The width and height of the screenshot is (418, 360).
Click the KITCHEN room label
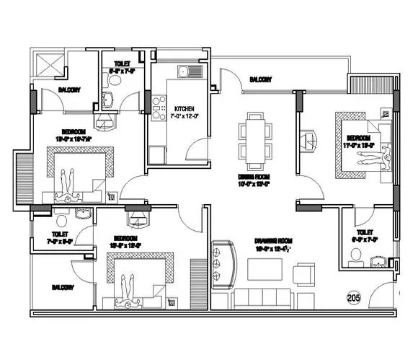coord(185,108)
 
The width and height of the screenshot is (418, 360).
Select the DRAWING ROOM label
coord(270,241)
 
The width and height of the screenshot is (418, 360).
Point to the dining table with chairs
coord(256,136)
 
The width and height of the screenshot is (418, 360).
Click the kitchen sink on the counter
coord(184,71)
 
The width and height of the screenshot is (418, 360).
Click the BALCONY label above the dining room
coord(260,79)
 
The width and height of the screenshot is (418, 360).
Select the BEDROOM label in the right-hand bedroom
coord(359,137)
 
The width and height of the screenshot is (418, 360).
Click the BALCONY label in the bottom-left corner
coord(64,287)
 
